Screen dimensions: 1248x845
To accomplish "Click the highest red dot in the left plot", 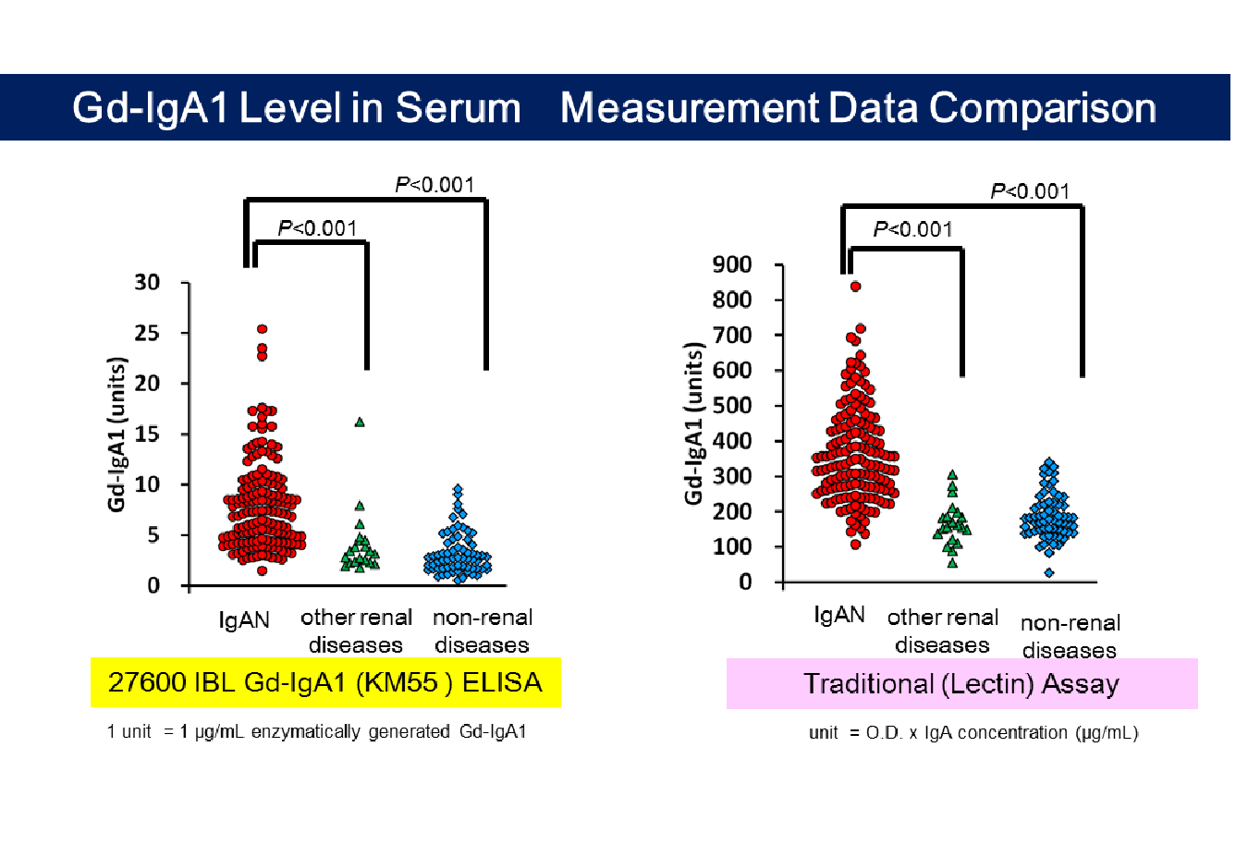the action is pyautogui.click(x=262, y=329).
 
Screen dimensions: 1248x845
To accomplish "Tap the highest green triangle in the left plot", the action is pyautogui.click(x=360, y=422).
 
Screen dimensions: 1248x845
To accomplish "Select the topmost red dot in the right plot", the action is pyautogui.click(x=855, y=287).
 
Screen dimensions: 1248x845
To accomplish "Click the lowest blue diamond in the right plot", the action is pyautogui.click(x=1049, y=572).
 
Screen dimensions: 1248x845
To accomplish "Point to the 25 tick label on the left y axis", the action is pyautogui.click(x=147, y=333).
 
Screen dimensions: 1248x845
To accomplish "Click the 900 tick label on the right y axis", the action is pyautogui.click(x=732, y=264).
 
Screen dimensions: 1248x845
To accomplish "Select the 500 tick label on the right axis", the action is pyautogui.click(x=732, y=406).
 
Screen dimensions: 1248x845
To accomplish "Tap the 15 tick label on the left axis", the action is pyautogui.click(x=147, y=434).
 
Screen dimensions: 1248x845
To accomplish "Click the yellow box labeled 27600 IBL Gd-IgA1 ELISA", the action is pyautogui.click(x=326, y=682).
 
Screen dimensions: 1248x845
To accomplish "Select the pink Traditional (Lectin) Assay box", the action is pyautogui.click(x=962, y=683).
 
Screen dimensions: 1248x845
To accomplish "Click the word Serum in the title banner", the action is pyautogui.click(x=458, y=107).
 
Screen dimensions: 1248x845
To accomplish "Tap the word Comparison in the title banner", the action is pyautogui.click(x=1042, y=107).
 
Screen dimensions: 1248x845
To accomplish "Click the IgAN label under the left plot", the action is pyautogui.click(x=244, y=620).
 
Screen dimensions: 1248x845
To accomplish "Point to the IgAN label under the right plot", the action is pyautogui.click(x=839, y=615).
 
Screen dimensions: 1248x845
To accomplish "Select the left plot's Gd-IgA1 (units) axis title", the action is pyautogui.click(x=117, y=435).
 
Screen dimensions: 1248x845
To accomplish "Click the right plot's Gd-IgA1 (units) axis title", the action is pyautogui.click(x=694, y=424).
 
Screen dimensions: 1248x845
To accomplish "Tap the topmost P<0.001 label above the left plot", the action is pyautogui.click(x=434, y=185).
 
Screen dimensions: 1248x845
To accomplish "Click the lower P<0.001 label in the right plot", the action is pyautogui.click(x=912, y=229).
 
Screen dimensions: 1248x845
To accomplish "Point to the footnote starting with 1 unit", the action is pyautogui.click(x=316, y=731).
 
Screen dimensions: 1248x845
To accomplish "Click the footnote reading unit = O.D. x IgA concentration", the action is pyautogui.click(x=973, y=732).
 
